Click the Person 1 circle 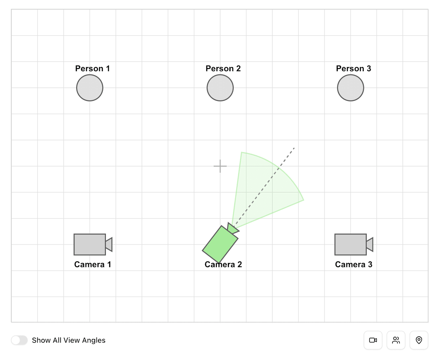(x=90, y=88)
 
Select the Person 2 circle (x=220, y=88)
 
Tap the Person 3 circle (x=350, y=88)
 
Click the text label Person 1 (x=92, y=69)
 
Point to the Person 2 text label (x=223, y=69)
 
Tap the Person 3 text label (x=353, y=69)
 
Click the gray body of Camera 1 (x=90, y=244)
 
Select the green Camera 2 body (x=220, y=244)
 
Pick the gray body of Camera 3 (x=350, y=244)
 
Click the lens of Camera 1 (x=109, y=244)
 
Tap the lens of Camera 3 (x=370, y=244)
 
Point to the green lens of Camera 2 (x=233, y=229)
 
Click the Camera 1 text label (x=92, y=264)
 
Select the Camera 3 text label (x=353, y=264)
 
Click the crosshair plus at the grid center (x=220, y=166)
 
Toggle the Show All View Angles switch (x=19, y=340)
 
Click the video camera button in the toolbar (x=373, y=340)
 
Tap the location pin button (x=419, y=340)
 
